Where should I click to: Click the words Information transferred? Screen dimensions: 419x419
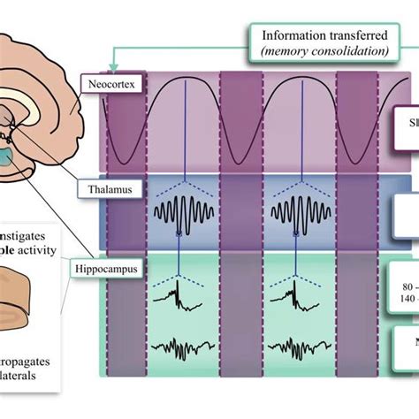point(324,35)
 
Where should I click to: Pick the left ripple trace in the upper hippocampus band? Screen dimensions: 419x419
point(183,297)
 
